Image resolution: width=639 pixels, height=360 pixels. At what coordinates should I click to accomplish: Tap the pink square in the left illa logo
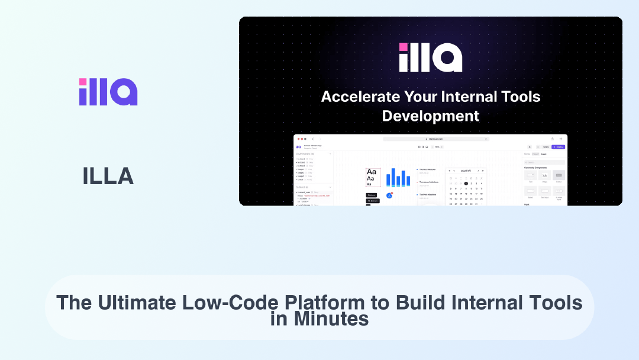click(x=83, y=82)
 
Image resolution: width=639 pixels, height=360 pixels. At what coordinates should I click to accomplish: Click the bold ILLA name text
click(x=108, y=176)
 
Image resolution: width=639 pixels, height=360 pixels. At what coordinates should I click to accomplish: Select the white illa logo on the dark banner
click(x=430, y=57)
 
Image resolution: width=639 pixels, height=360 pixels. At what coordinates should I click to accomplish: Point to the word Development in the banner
click(x=430, y=115)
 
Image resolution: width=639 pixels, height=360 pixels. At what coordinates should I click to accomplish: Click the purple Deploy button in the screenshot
click(x=558, y=147)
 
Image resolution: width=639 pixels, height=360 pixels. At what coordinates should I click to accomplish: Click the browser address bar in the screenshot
click(x=436, y=139)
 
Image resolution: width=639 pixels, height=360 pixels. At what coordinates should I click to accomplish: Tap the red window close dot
click(x=299, y=139)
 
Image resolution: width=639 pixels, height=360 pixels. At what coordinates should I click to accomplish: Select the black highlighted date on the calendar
click(x=466, y=184)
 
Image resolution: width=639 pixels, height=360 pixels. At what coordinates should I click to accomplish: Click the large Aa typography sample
click(x=371, y=172)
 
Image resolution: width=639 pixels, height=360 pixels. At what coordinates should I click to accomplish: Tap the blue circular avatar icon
click(x=389, y=195)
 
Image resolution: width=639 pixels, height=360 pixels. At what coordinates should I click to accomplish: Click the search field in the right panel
click(x=544, y=162)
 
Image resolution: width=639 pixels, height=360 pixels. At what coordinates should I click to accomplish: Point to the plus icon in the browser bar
click(x=561, y=139)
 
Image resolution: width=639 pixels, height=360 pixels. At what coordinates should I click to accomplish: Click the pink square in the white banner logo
click(x=403, y=47)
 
